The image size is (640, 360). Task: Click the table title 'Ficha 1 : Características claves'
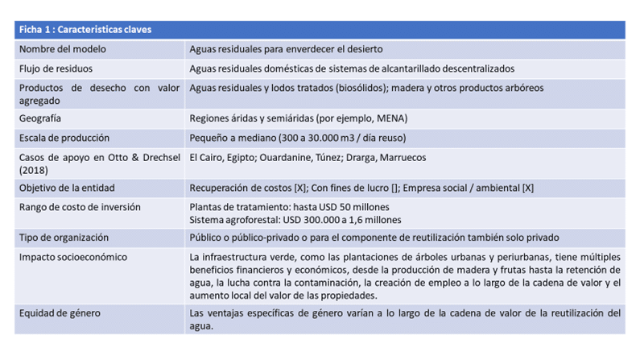click(85, 30)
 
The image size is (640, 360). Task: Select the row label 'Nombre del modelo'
click(59, 49)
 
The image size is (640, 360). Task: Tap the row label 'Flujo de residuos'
click(56, 69)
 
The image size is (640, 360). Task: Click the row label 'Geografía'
click(40, 118)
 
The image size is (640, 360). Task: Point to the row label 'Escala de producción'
click(64, 138)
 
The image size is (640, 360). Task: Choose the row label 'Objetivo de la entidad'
click(67, 188)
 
